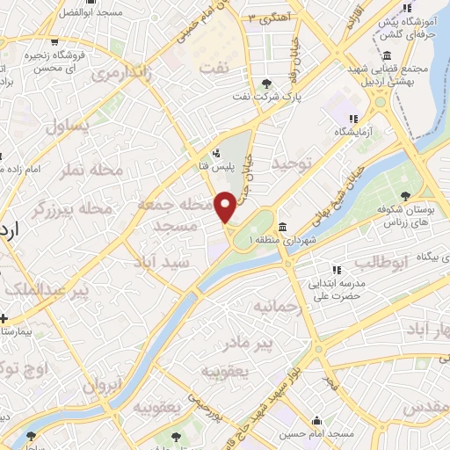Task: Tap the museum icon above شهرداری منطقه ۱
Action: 283,225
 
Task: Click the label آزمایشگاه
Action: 353,132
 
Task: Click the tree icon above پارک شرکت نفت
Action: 267,83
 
